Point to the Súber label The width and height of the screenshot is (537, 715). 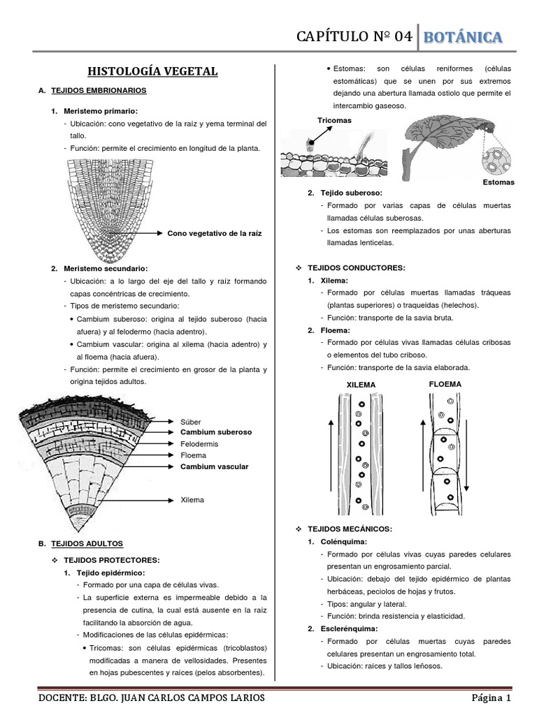(189, 422)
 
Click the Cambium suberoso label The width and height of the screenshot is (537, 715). (216, 432)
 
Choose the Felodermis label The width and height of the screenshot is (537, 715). (199, 443)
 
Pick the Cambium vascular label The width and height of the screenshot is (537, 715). (214, 466)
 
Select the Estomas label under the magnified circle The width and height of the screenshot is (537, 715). (498, 182)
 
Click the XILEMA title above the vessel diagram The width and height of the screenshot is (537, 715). (361, 385)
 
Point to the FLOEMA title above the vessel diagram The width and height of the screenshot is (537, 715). (444, 384)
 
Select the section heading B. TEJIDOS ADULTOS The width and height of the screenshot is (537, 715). (82, 543)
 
